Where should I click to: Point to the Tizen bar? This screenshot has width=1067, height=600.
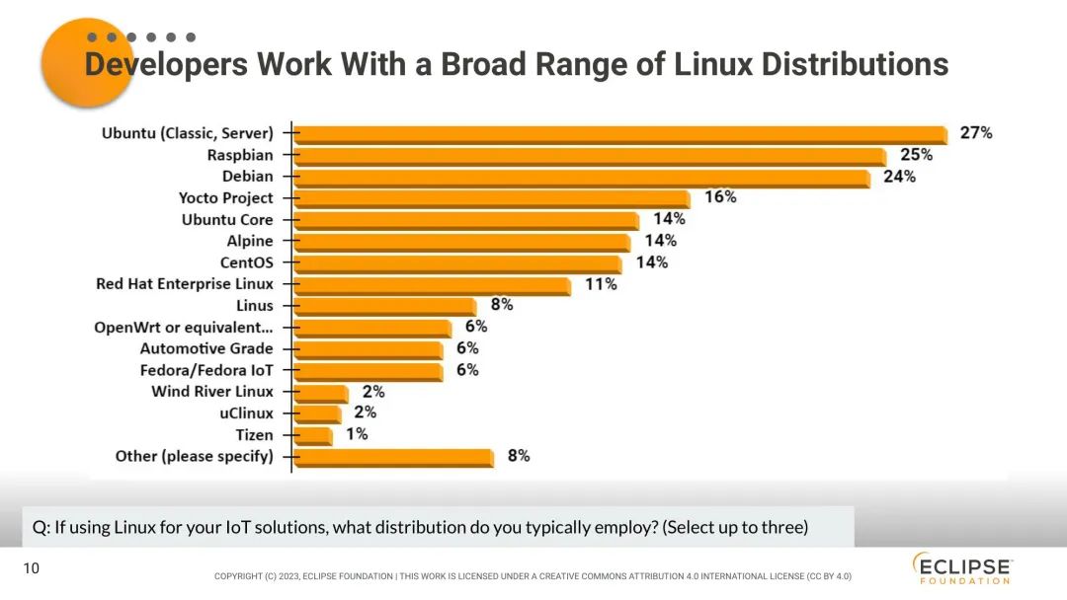[x=312, y=435]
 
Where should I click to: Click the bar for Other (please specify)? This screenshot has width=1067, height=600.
[x=393, y=457]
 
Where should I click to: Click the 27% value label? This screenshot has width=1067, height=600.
[x=975, y=132]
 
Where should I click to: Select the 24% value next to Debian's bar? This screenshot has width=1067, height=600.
[x=899, y=177]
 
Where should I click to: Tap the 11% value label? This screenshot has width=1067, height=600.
[x=601, y=284]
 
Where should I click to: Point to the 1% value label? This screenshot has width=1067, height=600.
[x=356, y=434]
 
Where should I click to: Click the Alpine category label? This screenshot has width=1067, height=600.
[x=250, y=241]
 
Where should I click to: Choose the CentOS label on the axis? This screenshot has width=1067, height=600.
[x=246, y=262]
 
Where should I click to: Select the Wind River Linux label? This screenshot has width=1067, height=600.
[x=212, y=392]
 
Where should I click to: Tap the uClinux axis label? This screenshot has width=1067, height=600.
[x=246, y=413]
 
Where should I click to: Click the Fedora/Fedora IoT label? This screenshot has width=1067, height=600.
[x=206, y=370]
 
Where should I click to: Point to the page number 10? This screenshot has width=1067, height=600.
[x=31, y=568]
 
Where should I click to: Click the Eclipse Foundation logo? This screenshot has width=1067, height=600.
[x=961, y=569]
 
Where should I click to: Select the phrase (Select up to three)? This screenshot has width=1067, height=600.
[x=735, y=527]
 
